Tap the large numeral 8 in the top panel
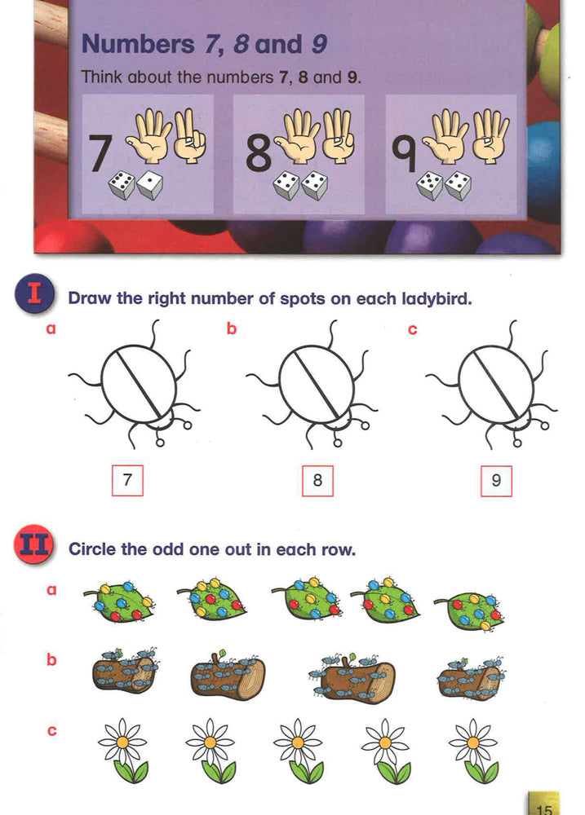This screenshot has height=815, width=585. (x=258, y=154)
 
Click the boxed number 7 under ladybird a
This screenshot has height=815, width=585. (x=126, y=480)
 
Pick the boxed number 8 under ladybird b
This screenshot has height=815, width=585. (x=317, y=481)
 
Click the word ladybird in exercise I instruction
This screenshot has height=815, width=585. (x=436, y=298)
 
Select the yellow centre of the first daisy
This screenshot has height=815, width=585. (x=122, y=741)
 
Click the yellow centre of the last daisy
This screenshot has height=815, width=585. (x=472, y=741)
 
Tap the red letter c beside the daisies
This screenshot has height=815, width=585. (x=51, y=730)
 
